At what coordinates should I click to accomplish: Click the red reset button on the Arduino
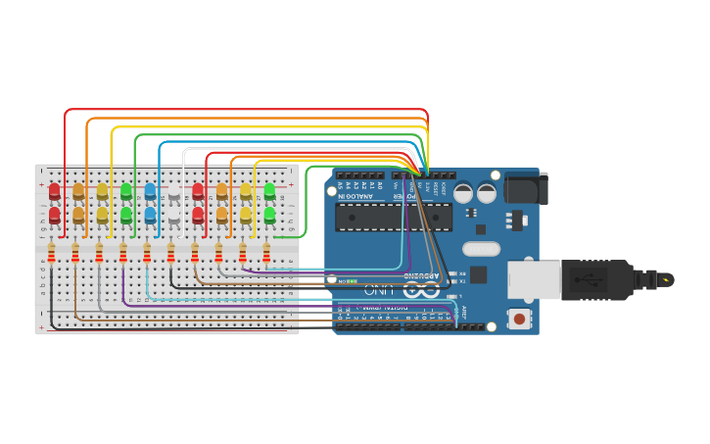coord(518,318)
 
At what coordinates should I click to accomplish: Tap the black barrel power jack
coord(527,188)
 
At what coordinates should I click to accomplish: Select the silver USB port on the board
coord(532,279)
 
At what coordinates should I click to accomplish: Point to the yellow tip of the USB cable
coord(667,280)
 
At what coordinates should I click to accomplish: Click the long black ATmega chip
coord(392,217)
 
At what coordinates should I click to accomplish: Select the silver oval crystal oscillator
coord(481,249)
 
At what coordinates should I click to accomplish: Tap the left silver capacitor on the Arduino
coord(463,193)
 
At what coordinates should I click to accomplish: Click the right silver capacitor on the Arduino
coord(487,193)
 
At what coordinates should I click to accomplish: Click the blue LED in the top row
coord(150,190)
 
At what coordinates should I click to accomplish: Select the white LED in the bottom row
coord(174,214)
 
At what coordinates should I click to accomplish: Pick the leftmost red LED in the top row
coord(55,190)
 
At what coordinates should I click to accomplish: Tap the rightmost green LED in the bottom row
coord(269,214)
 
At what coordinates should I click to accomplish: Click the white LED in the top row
coord(174,190)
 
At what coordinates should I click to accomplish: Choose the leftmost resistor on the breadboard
coord(51,254)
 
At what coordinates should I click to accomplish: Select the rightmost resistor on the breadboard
coord(266,254)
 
